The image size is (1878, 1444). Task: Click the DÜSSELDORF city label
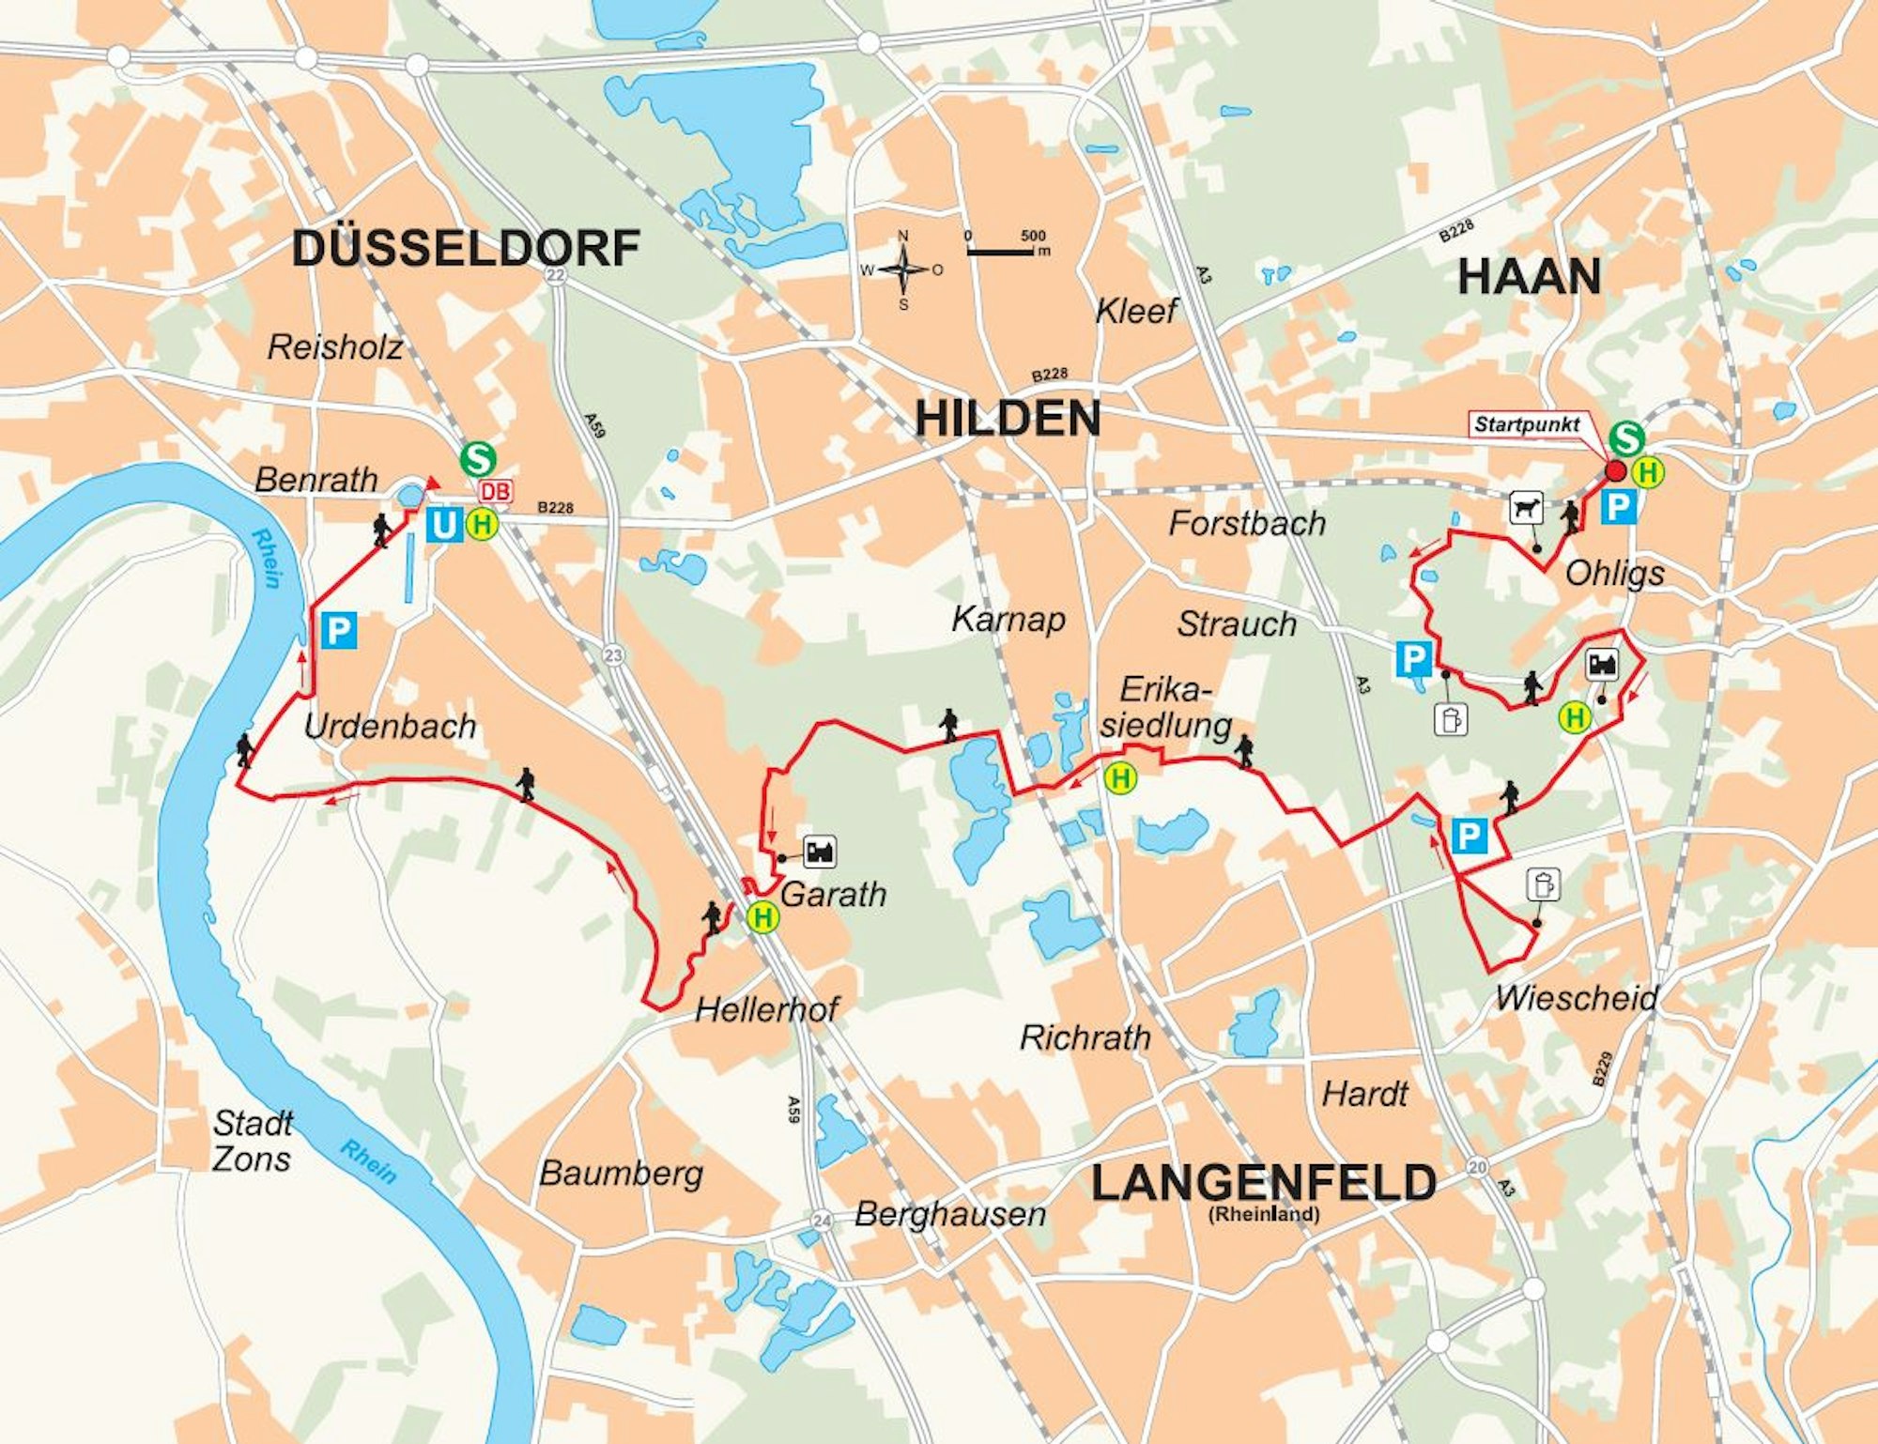pos(466,249)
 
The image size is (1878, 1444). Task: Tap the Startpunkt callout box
pos(1527,424)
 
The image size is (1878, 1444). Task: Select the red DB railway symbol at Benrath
pos(496,491)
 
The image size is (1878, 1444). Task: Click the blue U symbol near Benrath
pos(442,525)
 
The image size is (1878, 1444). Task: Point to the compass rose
pos(903,270)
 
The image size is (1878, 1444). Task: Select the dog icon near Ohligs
pos(1527,509)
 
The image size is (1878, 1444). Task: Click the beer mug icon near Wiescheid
pos(1544,884)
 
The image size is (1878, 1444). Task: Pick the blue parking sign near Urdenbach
pos(339,630)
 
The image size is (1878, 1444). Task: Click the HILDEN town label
pos(1008,419)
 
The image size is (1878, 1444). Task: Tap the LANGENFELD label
pos(1263,1183)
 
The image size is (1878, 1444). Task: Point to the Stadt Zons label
pos(252,1141)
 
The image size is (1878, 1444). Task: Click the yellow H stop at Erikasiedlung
pos(1120,777)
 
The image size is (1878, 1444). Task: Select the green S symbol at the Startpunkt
pos(1627,438)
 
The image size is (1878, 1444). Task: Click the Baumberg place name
pos(621,1174)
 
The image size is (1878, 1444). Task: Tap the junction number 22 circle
pos(556,275)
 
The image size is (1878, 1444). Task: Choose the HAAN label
pos(1529,277)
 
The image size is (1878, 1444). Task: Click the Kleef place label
pos(1136,311)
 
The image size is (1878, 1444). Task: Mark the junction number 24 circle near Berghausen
pos(822,1221)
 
